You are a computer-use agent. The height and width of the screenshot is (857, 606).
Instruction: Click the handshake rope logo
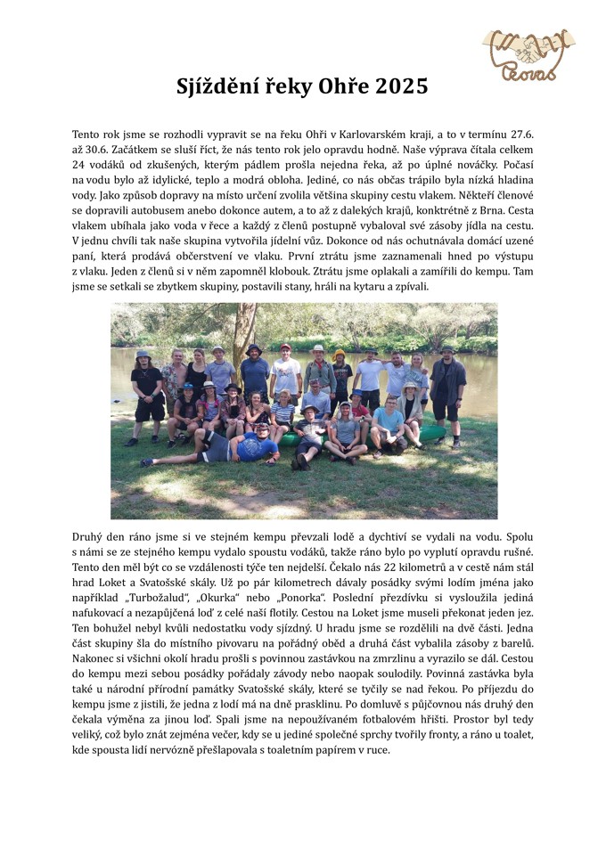point(528,53)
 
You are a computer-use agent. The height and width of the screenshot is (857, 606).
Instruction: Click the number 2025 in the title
point(402,86)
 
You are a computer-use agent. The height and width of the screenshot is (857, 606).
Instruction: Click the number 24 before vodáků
point(78,165)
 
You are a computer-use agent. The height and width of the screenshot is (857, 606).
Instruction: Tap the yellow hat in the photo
point(340,354)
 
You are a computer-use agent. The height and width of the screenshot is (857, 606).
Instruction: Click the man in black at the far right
point(447,391)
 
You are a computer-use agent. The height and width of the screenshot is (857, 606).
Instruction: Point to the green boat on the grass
point(431,434)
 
